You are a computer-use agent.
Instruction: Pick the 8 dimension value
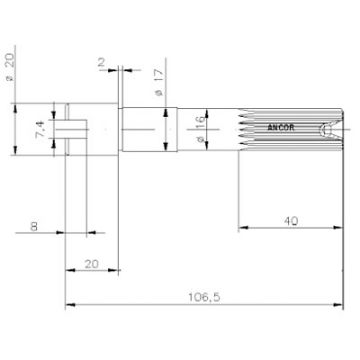coord(34,226)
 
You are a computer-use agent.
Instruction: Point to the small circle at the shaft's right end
coord(322,130)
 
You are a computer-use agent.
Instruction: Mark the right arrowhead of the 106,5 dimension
coord(333,306)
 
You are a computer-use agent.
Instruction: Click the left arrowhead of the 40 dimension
coord(242,229)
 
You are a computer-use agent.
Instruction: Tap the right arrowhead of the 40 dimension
coord(333,229)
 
